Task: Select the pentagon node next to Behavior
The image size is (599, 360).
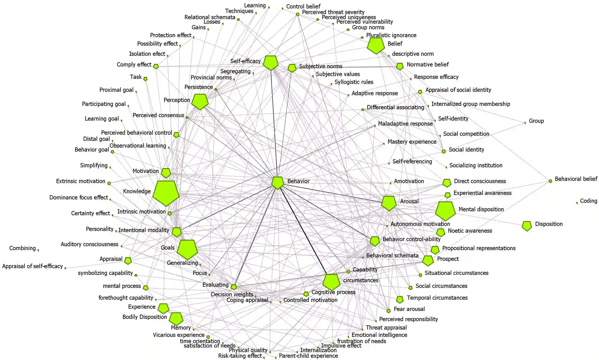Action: tap(278, 183)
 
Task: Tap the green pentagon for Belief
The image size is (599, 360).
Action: tap(376, 45)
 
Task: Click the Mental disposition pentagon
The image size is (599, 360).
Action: tap(445, 210)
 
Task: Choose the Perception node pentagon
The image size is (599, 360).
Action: tap(200, 101)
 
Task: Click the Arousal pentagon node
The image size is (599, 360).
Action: tap(389, 203)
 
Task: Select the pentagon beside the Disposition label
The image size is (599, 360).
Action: tap(527, 226)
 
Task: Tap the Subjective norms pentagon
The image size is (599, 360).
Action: tap(292, 68)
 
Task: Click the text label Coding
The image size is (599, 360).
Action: tap(588, 201)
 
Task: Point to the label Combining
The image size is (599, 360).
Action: tap(23, 248)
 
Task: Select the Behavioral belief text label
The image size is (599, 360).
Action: tap(576, 179)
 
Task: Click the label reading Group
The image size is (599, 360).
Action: tap(536, 121)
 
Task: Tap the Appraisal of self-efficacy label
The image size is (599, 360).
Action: tap(32, 266)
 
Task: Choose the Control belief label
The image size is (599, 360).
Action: tap(303, 6)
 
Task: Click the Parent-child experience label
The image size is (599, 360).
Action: tap(308, 356)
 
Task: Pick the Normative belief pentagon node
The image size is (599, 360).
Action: tap(400, 66)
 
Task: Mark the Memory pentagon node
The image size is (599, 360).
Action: tap(176, 319)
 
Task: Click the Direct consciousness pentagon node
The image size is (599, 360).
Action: tap(447, 183)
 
